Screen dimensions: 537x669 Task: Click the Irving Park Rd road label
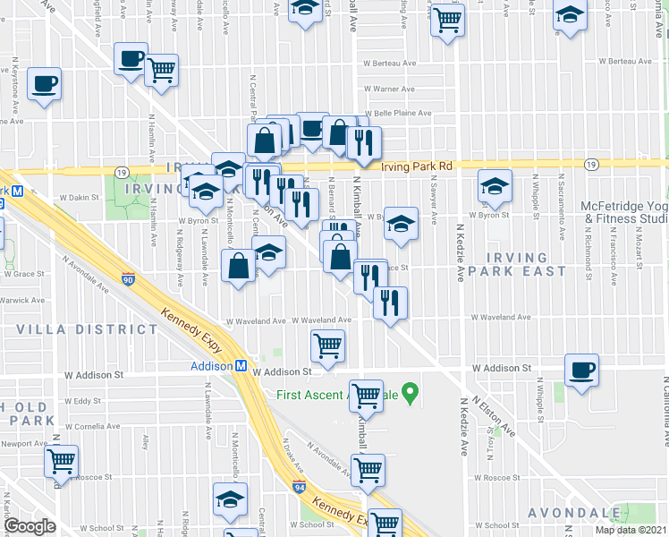click(419, 166)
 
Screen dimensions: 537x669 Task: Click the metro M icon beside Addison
click(241, 366)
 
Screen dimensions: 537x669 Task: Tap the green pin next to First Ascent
click(411, 392)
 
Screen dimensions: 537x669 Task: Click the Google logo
click(30, 526)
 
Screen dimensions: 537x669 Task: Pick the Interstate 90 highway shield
click(129, 280)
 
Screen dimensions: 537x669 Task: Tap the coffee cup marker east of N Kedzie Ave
click(581, 371)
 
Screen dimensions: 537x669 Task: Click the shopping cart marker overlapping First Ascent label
click(366, 395)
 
